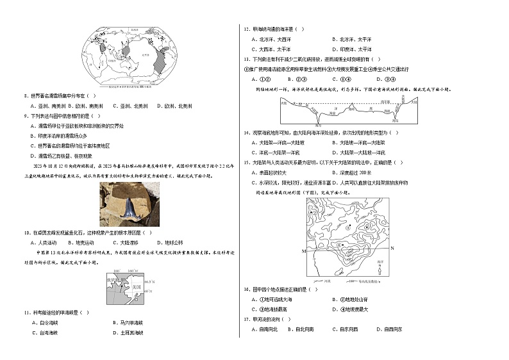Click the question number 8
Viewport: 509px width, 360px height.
[x=24, y=95]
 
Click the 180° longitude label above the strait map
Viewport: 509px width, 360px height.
[x=117, y=272]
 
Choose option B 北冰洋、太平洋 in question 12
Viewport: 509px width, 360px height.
[x=349, y=39]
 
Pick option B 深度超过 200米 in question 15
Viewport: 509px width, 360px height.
[x=350, y=172]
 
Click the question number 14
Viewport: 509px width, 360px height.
[x=246, y=133]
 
